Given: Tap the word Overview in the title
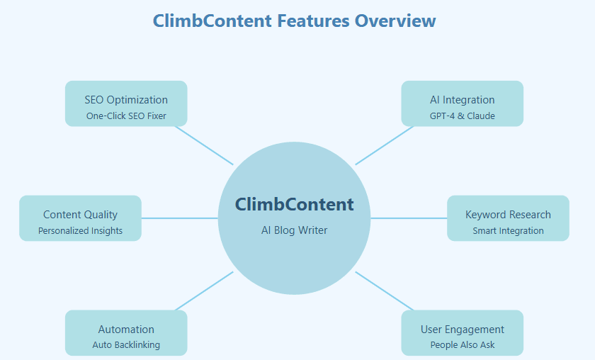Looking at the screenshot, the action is [395, 21].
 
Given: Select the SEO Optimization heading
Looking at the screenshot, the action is [126, 100].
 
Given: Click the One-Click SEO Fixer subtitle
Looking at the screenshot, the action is [126, 116].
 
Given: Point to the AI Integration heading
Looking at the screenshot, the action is [462, 100].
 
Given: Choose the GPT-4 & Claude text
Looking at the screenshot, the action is [462, 116].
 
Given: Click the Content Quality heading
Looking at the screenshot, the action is [80, 215].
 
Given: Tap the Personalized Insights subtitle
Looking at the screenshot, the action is [80, 231].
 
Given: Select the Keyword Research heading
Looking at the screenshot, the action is [508, 215].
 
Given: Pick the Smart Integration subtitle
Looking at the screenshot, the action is [508, 231].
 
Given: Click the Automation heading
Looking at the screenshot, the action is [126, 330].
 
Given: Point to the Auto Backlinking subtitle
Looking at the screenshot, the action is [126, 345].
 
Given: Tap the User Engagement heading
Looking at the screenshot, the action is [462, 330].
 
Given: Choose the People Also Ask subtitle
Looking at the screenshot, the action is [462, 345].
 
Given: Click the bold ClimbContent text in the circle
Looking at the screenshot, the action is [294, 204].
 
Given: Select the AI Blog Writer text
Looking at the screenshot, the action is [294, 230].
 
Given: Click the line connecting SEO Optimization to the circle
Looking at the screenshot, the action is [204, 146].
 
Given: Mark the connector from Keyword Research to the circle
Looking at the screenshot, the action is [409, 218].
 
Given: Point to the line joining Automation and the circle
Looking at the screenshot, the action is [204, 291].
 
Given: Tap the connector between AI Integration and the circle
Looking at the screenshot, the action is [385, 146].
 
